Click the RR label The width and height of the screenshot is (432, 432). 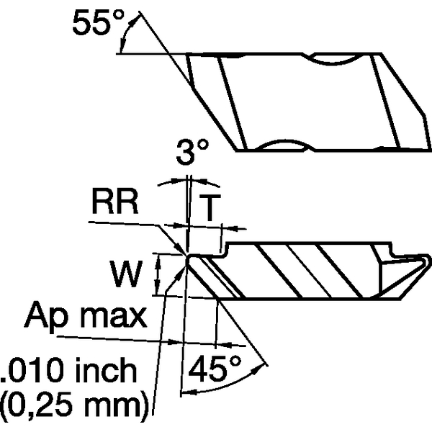(115, 204)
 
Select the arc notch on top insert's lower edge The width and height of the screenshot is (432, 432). (284, 145)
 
